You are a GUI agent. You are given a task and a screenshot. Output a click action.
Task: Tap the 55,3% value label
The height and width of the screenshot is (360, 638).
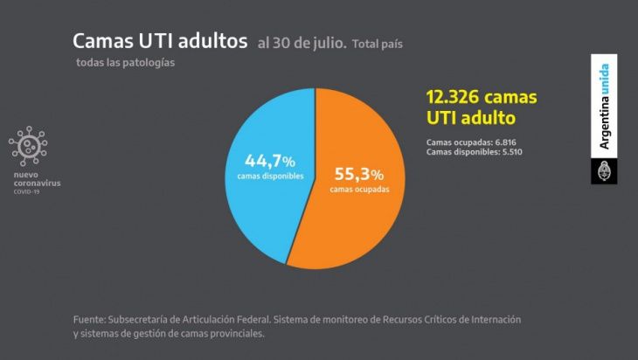pos(359,174)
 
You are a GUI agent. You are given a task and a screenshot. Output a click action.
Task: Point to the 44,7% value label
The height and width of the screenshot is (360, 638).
pos(270,161)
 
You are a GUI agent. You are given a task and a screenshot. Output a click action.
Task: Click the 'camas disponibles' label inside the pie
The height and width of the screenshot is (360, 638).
pos(270,177)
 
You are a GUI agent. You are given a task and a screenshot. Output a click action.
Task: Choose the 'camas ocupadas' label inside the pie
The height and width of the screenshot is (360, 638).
pos(359,189)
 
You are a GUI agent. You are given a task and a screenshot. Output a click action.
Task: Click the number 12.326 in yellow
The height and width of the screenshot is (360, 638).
pos(453,97)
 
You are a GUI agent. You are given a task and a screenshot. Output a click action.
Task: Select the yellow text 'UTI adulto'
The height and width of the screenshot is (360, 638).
pos(471,118)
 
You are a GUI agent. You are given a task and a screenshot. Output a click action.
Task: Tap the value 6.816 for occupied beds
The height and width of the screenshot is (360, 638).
pos(505,142)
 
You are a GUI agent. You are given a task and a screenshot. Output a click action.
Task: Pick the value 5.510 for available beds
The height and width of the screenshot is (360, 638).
pos(512,152)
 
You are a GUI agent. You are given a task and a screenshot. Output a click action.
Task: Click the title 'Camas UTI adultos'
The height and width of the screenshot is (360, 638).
pos(160,41)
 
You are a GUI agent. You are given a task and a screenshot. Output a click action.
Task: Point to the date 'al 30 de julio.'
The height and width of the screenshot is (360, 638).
pos(302,43)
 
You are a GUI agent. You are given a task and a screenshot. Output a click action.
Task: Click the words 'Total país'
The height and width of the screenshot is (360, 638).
pos(378,44)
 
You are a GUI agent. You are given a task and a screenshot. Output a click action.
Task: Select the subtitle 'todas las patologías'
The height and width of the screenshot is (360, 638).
pos(125,63)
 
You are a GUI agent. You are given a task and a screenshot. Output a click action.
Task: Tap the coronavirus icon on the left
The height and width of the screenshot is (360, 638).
pos(28,146)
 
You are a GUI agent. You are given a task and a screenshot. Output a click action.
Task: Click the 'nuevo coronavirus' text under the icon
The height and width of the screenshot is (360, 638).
pos(37,179)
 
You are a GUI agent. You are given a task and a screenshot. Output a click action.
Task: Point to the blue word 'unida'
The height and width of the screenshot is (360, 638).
pos(604,79)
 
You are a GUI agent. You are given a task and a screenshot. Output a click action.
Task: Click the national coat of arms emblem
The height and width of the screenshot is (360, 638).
pos(604,171)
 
